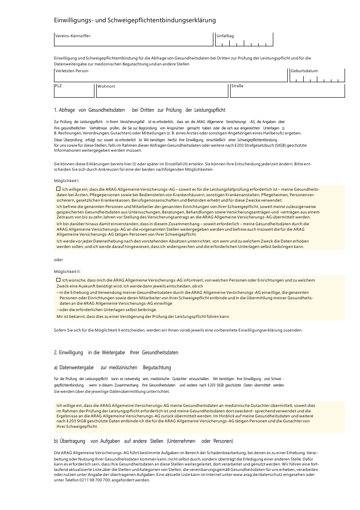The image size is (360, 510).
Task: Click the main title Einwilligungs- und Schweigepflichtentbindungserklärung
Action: [135, 20]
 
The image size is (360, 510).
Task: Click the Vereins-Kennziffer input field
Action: [133, 40]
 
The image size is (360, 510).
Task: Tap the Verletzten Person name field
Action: [171, 75]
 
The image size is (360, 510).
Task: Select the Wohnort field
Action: [161, 90]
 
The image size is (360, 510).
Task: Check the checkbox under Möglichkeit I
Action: [58, 188]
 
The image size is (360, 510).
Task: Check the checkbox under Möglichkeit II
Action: [58, 280]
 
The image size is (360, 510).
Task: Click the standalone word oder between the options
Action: [58, 259]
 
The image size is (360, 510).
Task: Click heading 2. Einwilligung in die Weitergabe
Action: [116, 352]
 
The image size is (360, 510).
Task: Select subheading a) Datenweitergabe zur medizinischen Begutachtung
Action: [112, 367]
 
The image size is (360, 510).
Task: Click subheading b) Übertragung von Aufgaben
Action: [143, 441]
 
